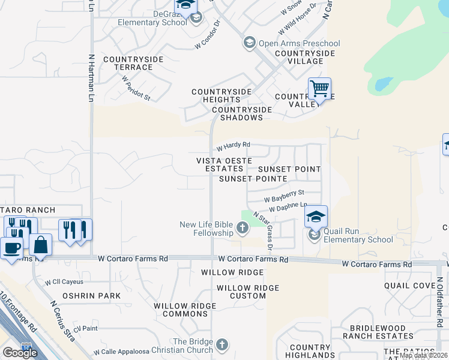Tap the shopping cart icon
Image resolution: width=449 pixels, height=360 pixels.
[320, 89]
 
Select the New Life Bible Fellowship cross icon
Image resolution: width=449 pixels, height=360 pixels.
[242, 227]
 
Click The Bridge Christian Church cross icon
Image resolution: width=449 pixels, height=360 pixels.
[222, 344]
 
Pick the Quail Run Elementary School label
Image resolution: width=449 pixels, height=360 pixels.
[358, 235]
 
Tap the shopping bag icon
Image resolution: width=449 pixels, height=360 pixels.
[41, 244]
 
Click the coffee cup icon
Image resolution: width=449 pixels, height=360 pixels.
[11, 247]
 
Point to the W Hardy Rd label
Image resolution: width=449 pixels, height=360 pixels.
[233, 146]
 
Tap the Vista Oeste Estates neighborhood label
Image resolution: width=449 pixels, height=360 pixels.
[220, 165]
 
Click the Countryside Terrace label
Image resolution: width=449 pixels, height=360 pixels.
[128, 63]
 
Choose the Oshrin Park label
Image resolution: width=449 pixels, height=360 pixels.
[92, 296]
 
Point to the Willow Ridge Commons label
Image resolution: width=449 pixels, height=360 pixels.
[184, 310]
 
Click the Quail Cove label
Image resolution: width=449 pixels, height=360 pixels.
[409, 286]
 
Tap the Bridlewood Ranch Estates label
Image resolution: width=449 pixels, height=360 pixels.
[378, 332]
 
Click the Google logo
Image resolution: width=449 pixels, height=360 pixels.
[20, 353]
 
